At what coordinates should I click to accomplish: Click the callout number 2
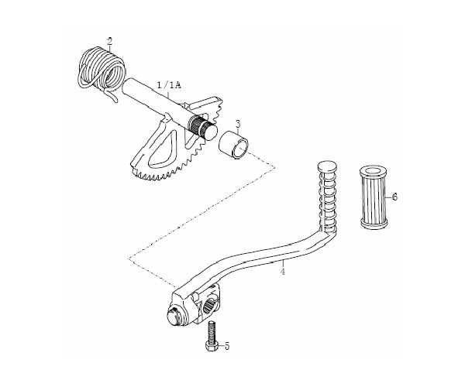click(110, 41)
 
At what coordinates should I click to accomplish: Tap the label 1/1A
click(169, 85)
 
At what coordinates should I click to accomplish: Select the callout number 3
click(238, 124)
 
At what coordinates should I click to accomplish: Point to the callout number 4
click(283, 271)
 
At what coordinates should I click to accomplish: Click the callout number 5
click(227, 346)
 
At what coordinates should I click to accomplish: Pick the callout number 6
click(394, 197)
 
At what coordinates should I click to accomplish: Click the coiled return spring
click(101, 70)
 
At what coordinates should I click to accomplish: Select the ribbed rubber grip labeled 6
click(374, 197)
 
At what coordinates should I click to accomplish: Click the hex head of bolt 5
click(212, 345)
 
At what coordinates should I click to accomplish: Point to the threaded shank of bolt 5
click(212, 330)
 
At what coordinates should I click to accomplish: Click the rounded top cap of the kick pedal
click(327, 166)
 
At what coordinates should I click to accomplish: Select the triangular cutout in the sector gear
click(163, 148)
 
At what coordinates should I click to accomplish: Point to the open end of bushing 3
click(241, 148)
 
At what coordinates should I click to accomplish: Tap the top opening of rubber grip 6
click(374, 171)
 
